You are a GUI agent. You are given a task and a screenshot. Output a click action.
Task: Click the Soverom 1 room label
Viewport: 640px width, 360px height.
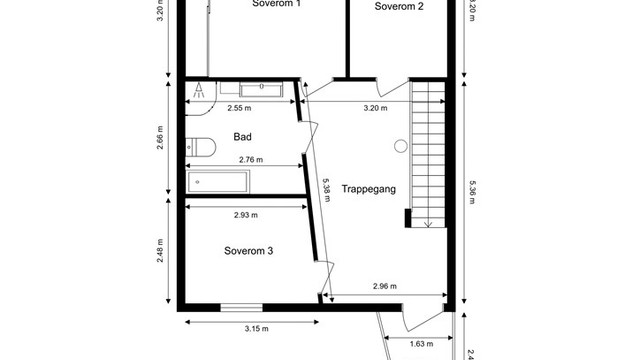point(277,3)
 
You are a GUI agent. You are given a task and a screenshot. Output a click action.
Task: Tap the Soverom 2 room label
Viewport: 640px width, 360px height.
point(399,6)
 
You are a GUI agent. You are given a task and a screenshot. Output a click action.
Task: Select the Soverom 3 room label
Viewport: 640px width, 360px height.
point(249,251)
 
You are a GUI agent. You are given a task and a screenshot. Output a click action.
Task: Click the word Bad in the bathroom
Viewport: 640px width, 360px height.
point(242,137)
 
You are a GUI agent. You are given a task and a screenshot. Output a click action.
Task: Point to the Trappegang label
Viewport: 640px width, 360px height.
point(369,189)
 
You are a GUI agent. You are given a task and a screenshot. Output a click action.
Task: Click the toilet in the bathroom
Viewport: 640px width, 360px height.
point(200,147)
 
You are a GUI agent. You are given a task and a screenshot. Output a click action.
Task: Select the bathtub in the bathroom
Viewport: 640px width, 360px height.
point(218,182)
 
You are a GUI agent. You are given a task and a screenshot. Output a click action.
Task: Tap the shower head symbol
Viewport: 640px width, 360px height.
point(199,90)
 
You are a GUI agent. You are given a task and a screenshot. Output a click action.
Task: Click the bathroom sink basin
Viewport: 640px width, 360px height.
point(261,89)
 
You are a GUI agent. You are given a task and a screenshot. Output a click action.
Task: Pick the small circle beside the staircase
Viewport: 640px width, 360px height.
point(401,146)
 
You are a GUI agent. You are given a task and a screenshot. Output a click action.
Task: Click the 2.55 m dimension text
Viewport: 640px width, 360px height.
point(239,108)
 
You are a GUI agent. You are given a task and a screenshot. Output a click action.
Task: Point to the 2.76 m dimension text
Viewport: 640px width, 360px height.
point(251,160)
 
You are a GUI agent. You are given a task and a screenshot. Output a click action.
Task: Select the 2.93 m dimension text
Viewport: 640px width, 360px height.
point(246,215)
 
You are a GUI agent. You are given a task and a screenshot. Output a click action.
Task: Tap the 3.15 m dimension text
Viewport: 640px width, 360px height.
point(257,329)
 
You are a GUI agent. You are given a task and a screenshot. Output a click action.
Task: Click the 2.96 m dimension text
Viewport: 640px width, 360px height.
point(385,286)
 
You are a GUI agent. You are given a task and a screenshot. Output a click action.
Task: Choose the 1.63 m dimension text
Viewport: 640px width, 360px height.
point(422,344)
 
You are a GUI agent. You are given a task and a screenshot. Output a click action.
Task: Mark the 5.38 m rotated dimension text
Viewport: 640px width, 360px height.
point(327,190)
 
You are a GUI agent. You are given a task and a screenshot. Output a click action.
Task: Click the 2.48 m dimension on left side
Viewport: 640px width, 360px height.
point(160,251)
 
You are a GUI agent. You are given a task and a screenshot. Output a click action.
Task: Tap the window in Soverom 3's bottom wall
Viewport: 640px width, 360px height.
point(241,307)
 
